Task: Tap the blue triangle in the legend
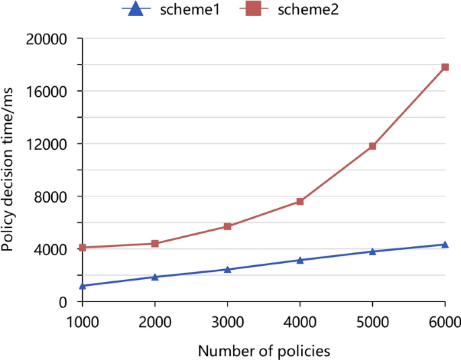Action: [x=136, y=9]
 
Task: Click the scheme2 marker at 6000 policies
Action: [x=445, y=67]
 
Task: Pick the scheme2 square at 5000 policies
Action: [x=372, y=146]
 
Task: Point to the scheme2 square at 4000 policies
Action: [x=300, y=201]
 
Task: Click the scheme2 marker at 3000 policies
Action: [x=227, y=226]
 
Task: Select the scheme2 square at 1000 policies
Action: [x=83, y=248]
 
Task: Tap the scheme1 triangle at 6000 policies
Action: [x=445, y=244]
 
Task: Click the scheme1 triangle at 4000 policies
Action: [x=300, y=260]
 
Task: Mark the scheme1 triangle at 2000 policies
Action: [x=155, y=277]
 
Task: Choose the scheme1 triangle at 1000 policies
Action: [x=83, y=285]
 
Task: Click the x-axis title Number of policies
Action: [x=264, y=350]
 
